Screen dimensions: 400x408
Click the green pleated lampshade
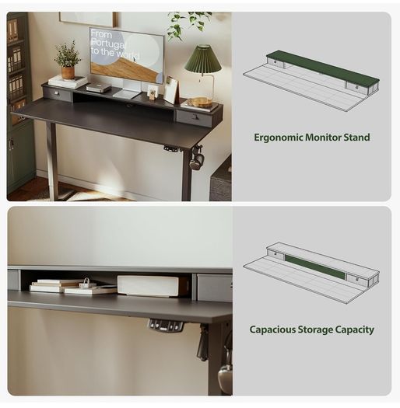point(203,59)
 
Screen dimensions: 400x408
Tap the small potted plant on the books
point(67,61)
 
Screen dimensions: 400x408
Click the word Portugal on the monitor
point(107,44)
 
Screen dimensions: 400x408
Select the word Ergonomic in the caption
point(278,138)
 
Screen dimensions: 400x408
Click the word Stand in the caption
point(356,137)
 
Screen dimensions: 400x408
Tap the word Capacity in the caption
point(354,330)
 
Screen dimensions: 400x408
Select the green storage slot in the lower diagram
point(315,267)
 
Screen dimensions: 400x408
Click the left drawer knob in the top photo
point(56,93)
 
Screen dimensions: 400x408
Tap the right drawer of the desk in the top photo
point(194,118)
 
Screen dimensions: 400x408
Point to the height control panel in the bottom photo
point(166,326)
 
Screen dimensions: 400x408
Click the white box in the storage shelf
point(148,285)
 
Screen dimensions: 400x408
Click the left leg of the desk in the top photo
point(53,161)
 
